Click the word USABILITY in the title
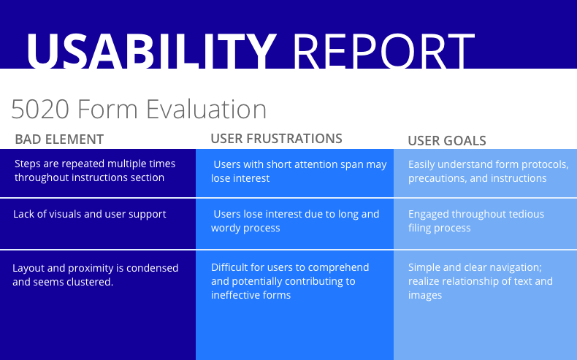pyautogui.click(x=151, y=50)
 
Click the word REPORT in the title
pyautogui.click(x=383, y=50)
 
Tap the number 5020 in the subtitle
pyautogui.click(x=40, y=110)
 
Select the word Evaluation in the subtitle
pyautogui.click(x=206, y=110)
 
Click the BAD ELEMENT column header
pyautogui.click(x=59, y=139)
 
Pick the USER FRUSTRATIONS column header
pyautogui.click(x=276, y=139)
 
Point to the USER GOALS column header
pyautogui.click(x=447, y=140)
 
